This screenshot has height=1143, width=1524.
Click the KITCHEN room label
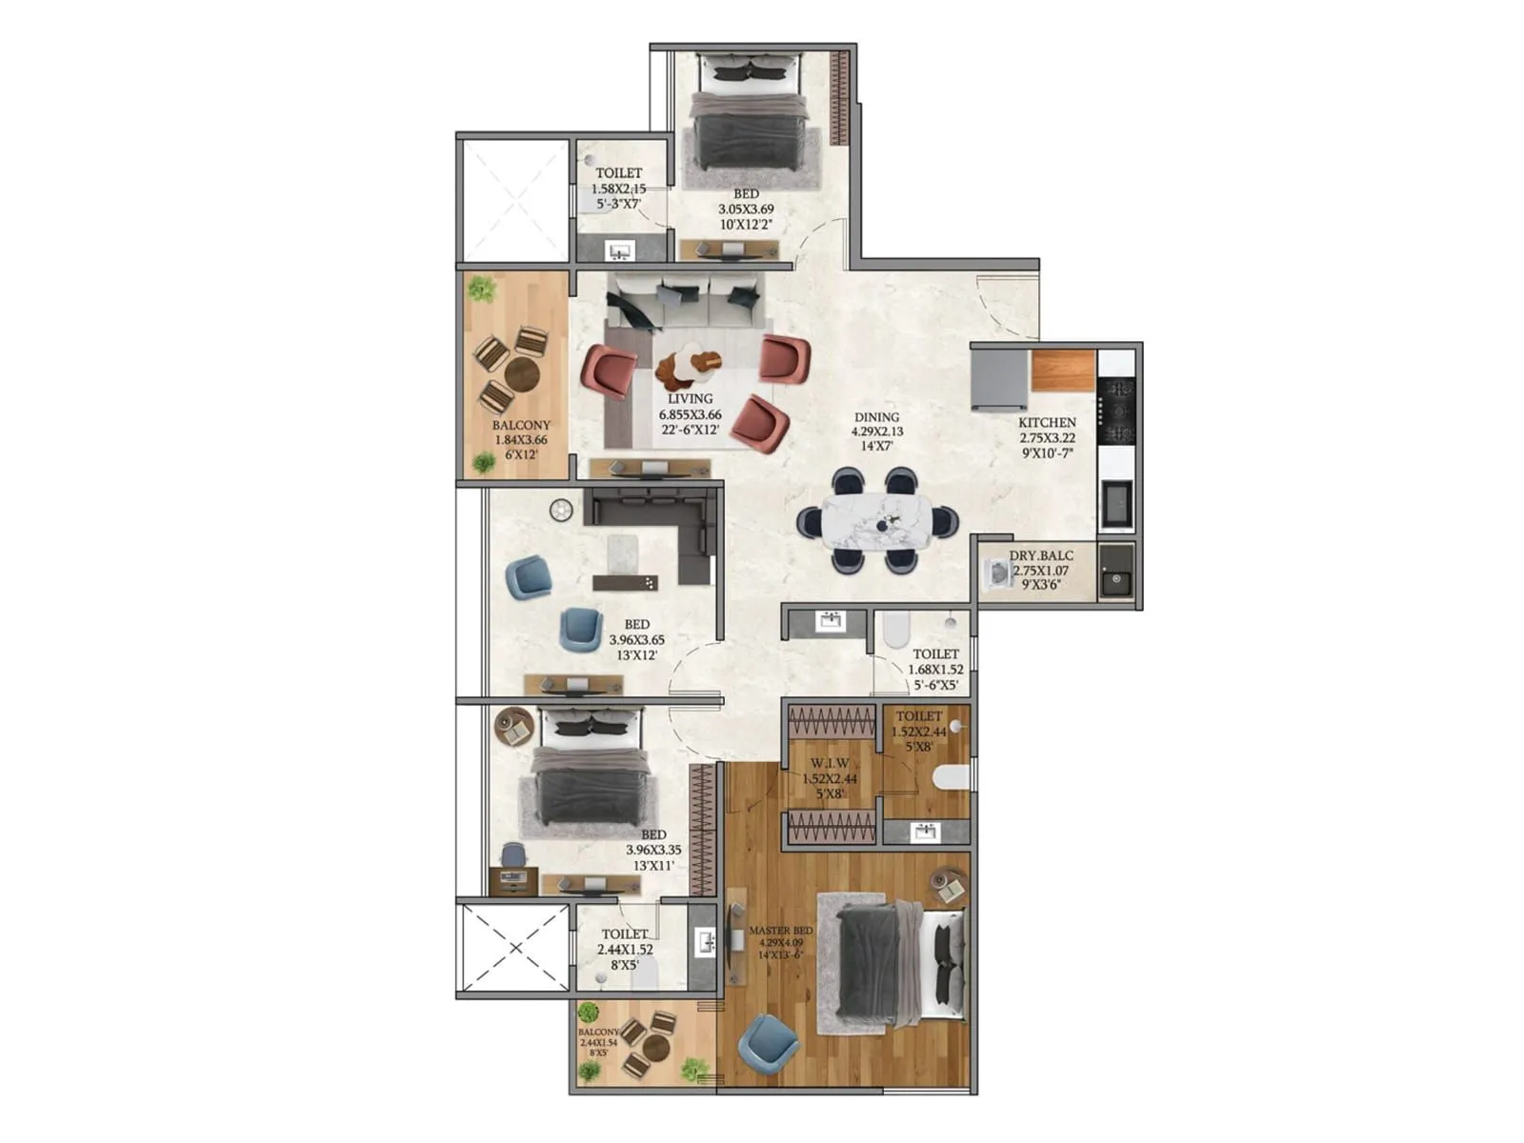point(1047,422)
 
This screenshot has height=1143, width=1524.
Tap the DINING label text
point(876,417)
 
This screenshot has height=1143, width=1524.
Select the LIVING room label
point(690,399)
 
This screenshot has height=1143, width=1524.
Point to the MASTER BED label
point(780,931)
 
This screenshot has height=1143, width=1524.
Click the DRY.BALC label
point(1041,555)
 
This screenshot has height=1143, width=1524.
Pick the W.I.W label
point(830,764)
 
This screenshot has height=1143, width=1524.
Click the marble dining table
point(877,520)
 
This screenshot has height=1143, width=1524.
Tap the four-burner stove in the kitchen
point(1116,411)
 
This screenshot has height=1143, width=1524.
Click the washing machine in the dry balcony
point(997,573)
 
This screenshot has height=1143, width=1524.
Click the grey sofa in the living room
point(686,300)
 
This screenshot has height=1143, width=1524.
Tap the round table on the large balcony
point(522,373)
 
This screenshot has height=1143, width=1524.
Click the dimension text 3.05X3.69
point(745,209)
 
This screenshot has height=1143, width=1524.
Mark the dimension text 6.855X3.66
point(690,415)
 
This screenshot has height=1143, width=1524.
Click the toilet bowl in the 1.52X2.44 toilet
point(950,778)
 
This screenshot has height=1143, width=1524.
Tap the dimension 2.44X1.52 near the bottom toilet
point(625,950)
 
